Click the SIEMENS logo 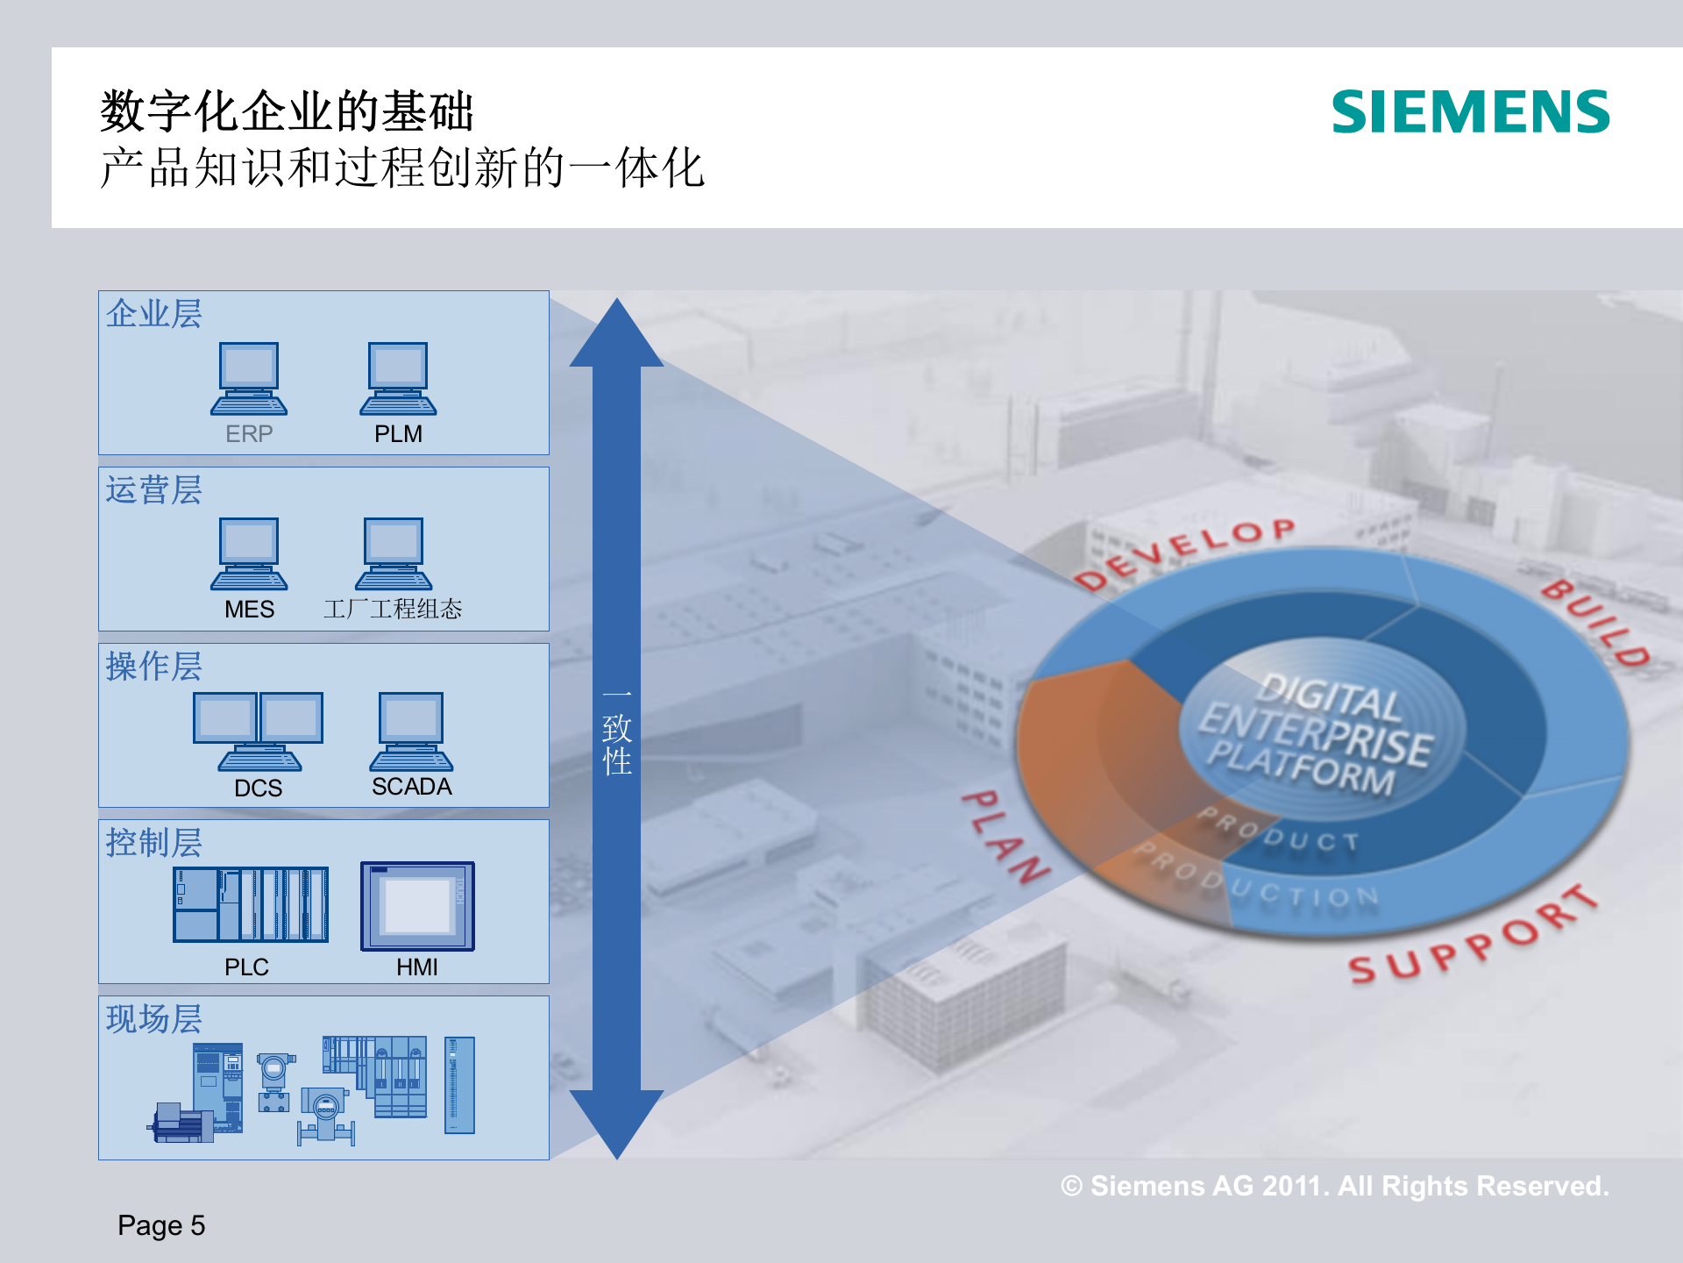[x=1470, y=111]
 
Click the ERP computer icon [x=249, y=378]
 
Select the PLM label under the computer [x=398, y=434]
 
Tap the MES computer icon [x=249, y=553]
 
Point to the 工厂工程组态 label [x=393, y=609]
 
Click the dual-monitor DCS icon [x=258, y=731]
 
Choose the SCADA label [x=411, y=787]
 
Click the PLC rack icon [x=251, y=904]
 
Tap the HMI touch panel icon [x=417, y=906]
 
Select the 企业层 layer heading [x=154, y=314]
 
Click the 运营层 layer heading [x=154, y=490]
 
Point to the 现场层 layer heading [x=154, y=1019]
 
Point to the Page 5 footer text [x=161, y=1225]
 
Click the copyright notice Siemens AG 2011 [x=1334, y=1186]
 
